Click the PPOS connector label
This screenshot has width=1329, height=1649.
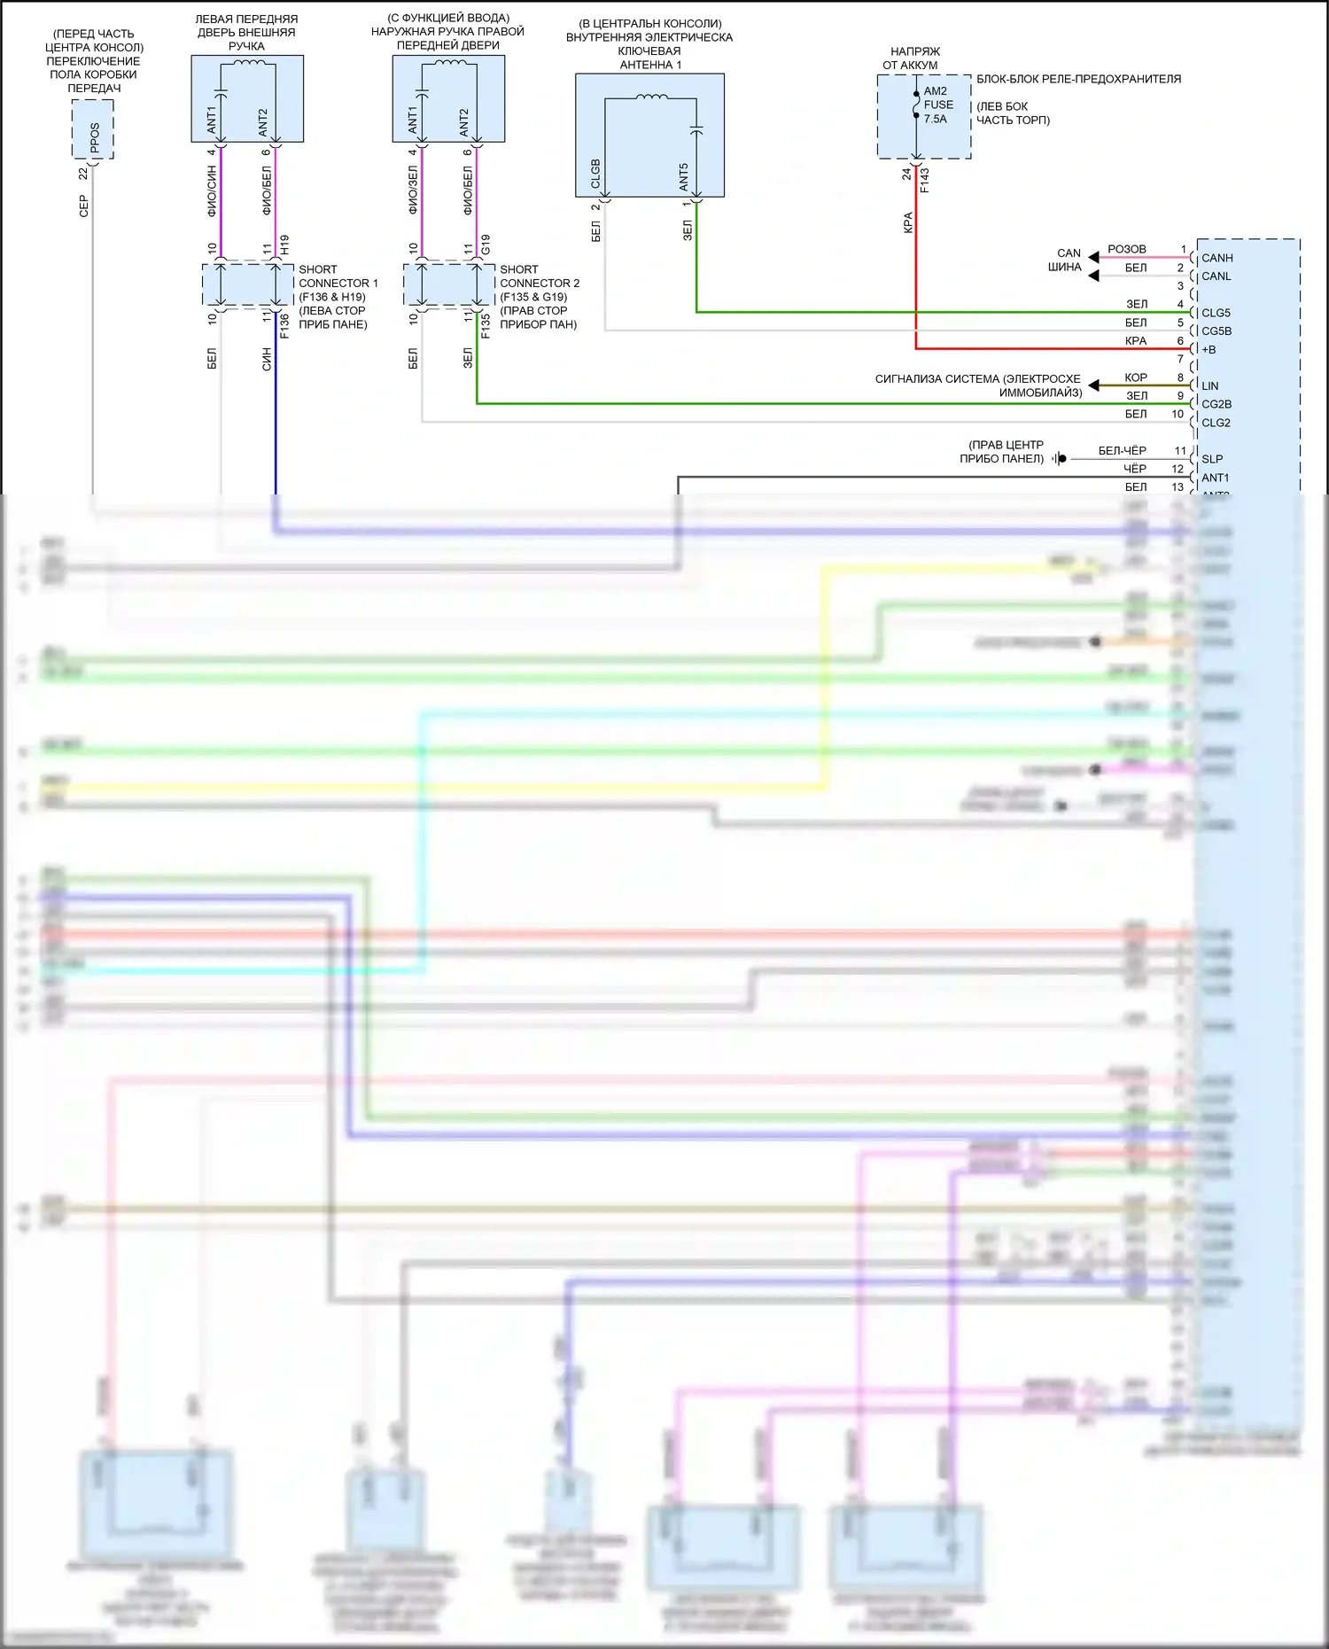click(x=95, y=136)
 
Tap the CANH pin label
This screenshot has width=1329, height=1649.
click(x=1216, y=258)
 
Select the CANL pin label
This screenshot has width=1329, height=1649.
click(x=1216, y=276)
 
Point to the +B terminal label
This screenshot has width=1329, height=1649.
click(x=1209, y=349)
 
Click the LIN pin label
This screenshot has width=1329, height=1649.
click(x=1209, y=386)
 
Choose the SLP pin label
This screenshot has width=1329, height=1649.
click(x=1211, y=459)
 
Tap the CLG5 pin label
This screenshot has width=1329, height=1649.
click(x=1216, y=313)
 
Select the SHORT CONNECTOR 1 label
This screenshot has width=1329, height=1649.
click(x=338, y=276)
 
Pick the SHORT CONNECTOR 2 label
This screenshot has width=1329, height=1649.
click(x=539, y=276)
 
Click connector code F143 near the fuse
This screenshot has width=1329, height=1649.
click(x=924, y=180)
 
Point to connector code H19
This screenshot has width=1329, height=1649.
click(x=284, y=245)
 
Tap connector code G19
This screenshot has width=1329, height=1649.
click(x=486, y=245)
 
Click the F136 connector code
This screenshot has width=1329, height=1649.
click(x=284, y=325)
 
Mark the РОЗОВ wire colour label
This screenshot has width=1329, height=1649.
click(x=1126, y=249)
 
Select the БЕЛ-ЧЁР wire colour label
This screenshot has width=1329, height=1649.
click(x=1122, y=450)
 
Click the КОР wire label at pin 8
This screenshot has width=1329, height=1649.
click(x=1135, y=377)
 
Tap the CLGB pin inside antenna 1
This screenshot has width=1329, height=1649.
click(x=595, y=174)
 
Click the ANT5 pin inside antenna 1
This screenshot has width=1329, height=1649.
click(x=683, y=176)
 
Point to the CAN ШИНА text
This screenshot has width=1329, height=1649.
click(x=1067, y=260)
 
